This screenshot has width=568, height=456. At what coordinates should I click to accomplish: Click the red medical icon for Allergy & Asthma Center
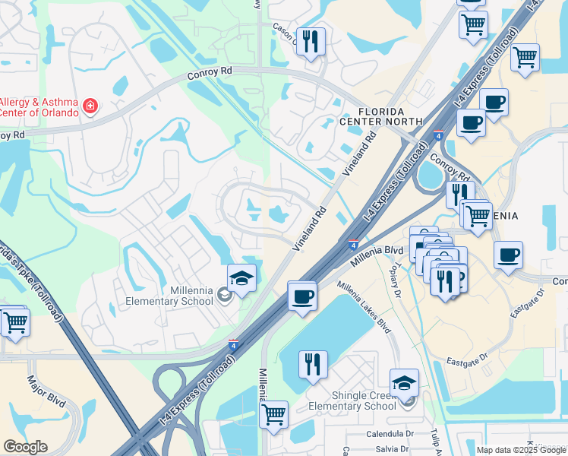tap(90, 105)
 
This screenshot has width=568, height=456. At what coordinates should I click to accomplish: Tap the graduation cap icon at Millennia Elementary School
tap(241, 279)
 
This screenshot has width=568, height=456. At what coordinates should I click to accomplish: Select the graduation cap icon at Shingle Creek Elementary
tap(404, 383)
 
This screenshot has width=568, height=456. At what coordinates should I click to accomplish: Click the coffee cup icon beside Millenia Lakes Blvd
tap(302, 296)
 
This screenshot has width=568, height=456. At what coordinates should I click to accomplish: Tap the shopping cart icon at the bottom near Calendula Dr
tap(273, 415)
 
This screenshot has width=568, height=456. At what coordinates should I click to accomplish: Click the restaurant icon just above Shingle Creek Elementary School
tap(312, 365)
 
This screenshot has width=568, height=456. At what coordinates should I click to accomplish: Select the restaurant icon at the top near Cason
tap(310, 42)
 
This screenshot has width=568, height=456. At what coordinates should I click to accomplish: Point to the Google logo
tap(26, 446)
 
